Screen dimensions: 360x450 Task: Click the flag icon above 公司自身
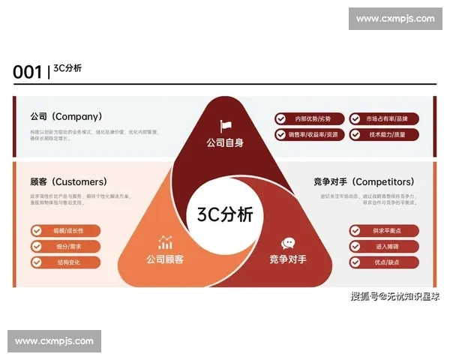point(225,126)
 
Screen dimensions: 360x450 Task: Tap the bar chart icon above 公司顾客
point(165,243)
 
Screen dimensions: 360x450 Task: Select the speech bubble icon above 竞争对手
point(288,243)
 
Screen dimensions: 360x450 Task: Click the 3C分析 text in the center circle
point(225,214)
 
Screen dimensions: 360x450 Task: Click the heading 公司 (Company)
point(66,117)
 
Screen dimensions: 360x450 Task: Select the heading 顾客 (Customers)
point(68,181)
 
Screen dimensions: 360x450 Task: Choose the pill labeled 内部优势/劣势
point(309,118)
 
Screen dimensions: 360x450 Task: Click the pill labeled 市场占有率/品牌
point(383,118)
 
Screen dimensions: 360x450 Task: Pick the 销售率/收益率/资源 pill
point(309,135)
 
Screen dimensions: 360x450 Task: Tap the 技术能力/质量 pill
point(383,135)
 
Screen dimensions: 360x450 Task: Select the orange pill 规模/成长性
point(65,230)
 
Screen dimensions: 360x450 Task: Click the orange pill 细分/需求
point(65,246)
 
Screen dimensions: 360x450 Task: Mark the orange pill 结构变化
point(65,262)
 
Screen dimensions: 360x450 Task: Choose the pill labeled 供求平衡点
point(383,230)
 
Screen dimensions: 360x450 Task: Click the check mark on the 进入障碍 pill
point(355,246)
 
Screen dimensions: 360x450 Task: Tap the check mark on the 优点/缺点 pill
point(355,262)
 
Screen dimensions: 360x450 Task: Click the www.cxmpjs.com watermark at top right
point(395,18)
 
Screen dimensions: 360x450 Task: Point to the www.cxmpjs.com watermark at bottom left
point(54,341)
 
